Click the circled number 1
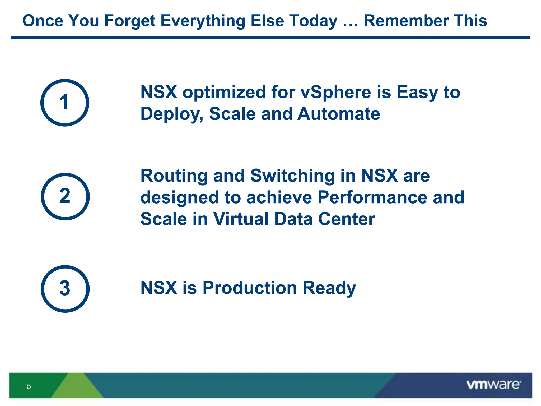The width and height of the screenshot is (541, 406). tap(65, 103)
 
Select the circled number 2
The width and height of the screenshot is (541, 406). tap(65, 196)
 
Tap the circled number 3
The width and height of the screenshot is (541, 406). tap(65, 289)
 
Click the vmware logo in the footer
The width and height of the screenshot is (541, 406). tap(493, 385)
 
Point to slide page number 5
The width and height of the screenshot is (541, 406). tap(29, 386)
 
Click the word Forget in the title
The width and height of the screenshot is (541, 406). tap(130, 21)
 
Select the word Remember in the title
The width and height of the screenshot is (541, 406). tap(406, 21)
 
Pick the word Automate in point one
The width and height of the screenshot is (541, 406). tap(339, 114)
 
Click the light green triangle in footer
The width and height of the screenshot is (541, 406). tap(77, 387)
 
